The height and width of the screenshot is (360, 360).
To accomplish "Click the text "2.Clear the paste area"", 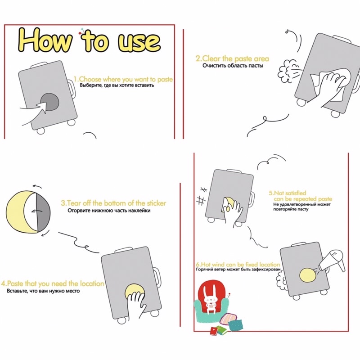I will tap(232, 58).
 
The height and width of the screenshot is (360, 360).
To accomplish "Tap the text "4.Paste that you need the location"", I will tap(53, 283).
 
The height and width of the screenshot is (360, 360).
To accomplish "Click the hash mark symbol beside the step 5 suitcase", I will tap(201, 198).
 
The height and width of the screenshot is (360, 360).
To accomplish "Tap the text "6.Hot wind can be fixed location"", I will tap(238, 264).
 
